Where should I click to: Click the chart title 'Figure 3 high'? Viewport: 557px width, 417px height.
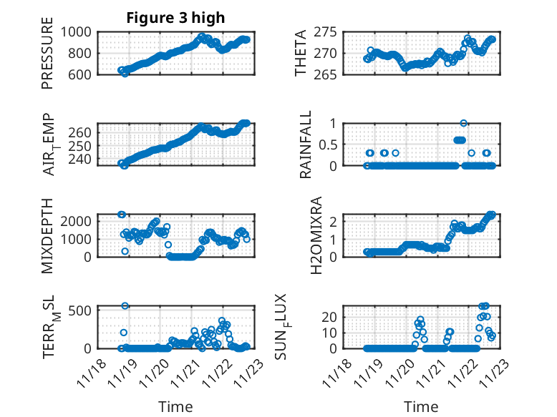[x=175, y=18]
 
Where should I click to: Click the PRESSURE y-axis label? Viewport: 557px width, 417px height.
[x=47, y=58]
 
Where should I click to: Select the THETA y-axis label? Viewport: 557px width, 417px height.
[x=301, y=54]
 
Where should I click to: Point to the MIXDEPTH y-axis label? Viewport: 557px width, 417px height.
[x=47, y=235]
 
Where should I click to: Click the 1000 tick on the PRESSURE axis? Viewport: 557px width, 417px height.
[x=75, y=32]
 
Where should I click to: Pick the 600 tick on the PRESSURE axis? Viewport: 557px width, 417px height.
[x=79, y=74]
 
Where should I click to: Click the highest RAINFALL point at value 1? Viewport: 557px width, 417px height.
[x=464, y=123]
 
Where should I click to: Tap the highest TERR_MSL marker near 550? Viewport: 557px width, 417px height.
[x=125, y=305]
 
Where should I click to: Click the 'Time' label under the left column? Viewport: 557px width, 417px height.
[x=175, y=407]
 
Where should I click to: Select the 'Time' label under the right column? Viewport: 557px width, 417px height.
[x=421, y=407]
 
